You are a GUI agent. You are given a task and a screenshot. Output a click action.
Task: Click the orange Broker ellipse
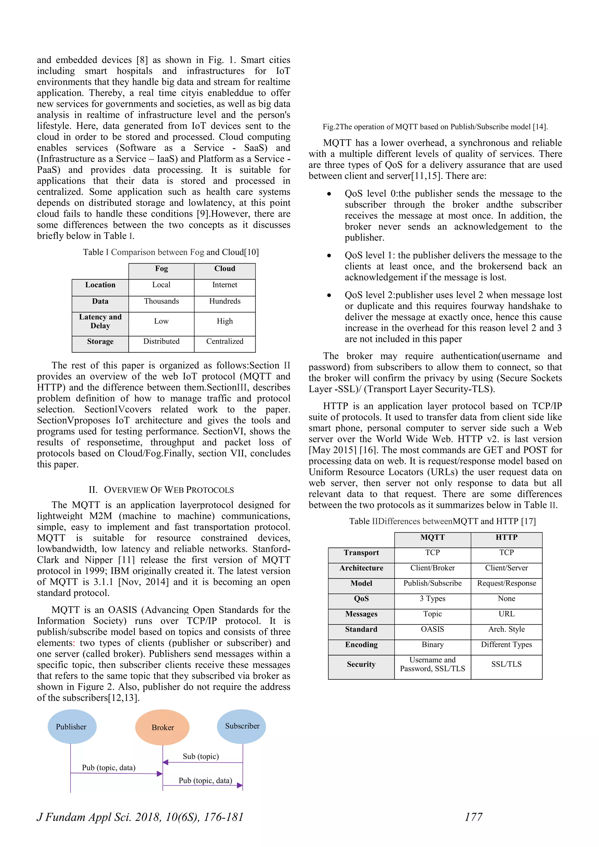click(162, 727)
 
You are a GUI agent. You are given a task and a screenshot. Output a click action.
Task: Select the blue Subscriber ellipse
click(242, 726)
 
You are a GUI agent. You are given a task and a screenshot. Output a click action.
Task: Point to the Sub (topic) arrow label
click(201, 756)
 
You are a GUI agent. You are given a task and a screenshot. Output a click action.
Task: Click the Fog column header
click(161, 268)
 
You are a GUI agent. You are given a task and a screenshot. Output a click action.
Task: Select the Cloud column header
click(225, 268)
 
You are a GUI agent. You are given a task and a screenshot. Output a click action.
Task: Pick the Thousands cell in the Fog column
click(161, 302)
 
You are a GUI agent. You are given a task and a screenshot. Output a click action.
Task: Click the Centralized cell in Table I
click(225, 342)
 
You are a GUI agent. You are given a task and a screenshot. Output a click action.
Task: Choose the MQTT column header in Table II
click(432, 537)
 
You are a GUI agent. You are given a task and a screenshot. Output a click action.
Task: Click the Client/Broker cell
click(432, 568)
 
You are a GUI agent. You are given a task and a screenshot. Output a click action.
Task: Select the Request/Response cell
click(506, 583)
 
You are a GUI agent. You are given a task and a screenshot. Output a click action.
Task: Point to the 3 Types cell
click(432, 598)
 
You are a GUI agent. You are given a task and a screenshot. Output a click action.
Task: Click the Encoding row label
click(361, 645)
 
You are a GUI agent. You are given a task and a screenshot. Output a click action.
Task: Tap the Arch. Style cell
click(506, 629)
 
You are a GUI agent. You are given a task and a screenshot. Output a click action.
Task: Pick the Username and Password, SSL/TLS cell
click(432, 664)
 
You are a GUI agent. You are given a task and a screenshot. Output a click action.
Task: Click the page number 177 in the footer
click(473, 817)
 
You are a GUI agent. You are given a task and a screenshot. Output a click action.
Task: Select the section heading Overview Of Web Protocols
click(161, 490)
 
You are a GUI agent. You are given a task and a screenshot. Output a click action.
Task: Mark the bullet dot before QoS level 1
click(329, 256)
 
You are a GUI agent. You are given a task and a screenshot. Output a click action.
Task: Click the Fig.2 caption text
click(435, 127)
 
